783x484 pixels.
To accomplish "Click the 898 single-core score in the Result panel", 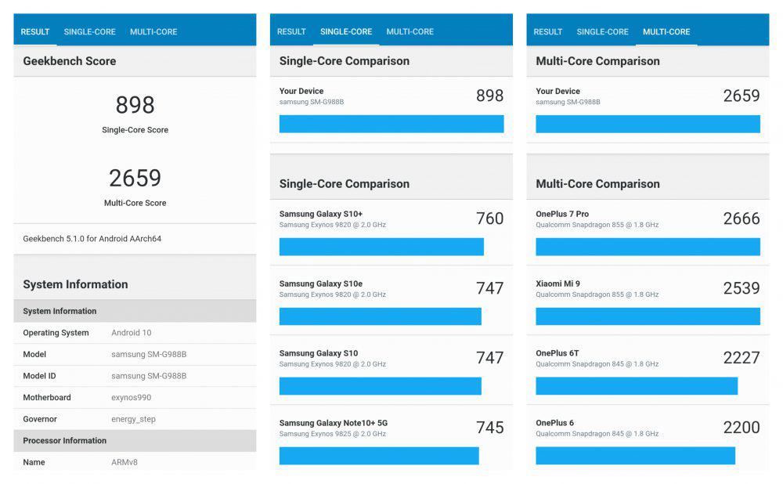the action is click(135, 105).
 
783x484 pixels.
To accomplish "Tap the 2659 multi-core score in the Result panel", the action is click(135, 179).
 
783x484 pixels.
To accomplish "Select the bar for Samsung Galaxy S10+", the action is click(381, 247).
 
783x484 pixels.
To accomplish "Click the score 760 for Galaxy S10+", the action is click(489, 219).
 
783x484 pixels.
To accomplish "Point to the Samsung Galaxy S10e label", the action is click(320, 284).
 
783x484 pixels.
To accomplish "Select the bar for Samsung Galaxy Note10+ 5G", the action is click(379, 456).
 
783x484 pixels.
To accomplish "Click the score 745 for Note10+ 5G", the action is click(489, 428).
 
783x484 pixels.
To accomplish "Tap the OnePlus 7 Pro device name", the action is click(562, 214).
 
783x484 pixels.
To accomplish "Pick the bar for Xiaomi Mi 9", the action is click(648, 316).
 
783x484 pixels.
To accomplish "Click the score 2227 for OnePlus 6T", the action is click(742, 358).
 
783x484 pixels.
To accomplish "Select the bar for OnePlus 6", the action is click(635, 456).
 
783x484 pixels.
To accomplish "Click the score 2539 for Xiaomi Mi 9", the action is click(742, 288).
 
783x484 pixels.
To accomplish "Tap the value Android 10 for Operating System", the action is click(132, 333).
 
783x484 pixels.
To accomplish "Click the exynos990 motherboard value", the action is click(132, 398).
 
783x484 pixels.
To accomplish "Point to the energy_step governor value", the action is click(133, 419).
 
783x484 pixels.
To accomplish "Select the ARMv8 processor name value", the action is click(124, 462).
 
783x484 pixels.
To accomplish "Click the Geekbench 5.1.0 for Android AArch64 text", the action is click(92, 239).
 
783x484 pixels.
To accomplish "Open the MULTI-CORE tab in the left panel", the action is click(153, 31).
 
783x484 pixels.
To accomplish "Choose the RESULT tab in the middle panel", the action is click(291, 31).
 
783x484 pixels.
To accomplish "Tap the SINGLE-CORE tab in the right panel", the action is click(603, 31).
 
